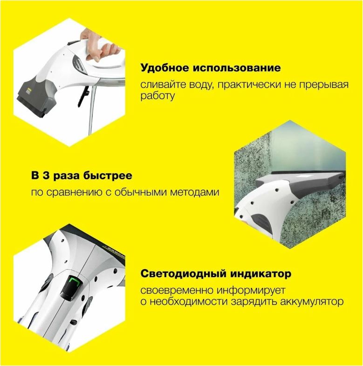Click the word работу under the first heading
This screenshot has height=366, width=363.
point(158,96)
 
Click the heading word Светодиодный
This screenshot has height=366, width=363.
point(182,273)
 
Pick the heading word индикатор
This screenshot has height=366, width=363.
point(265,273)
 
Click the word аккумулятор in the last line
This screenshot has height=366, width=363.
point(305,302)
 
